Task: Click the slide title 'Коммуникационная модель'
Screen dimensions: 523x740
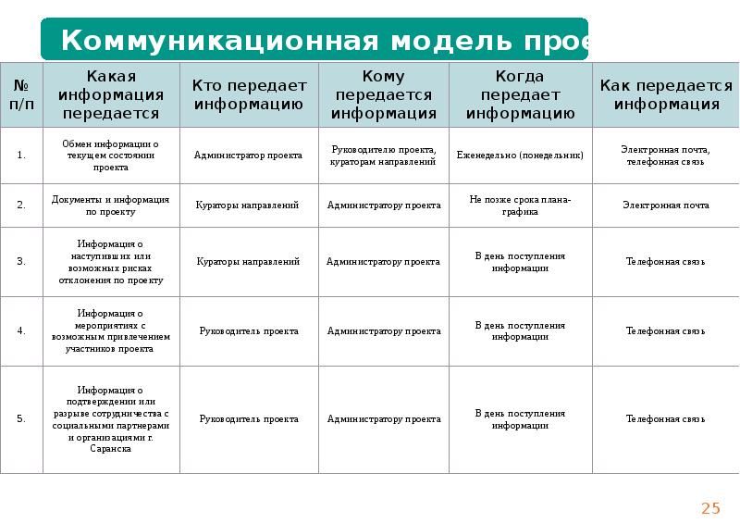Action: coord(314,40)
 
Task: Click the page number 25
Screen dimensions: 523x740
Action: coord(710,507)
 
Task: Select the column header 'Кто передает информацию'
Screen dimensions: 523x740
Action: coord(249,94)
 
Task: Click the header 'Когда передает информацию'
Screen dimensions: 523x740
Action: coord(520,94)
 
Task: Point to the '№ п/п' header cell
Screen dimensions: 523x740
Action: coord(21,94)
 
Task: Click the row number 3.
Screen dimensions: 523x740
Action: coord(21,262)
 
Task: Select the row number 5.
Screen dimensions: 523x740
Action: coord(21,419)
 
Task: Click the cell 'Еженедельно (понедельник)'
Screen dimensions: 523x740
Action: coord(520,156)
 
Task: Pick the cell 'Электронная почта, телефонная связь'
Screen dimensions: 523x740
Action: coord(665,156)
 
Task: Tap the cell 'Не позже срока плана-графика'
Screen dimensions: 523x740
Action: coord(520,205)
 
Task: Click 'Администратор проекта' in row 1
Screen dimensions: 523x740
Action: coord(248,156)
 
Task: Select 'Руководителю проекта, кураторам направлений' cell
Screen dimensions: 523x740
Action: coord(383,156)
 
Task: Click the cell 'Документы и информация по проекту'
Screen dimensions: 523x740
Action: coord(110,205)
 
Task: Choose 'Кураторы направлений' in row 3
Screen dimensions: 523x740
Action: coord(248,262)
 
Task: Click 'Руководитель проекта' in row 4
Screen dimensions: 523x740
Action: coord(248,330)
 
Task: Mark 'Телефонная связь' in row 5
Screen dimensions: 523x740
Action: coord(665,419)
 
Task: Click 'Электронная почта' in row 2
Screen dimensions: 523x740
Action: coord(665,205)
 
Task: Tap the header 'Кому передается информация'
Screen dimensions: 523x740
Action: coord(384,94)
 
